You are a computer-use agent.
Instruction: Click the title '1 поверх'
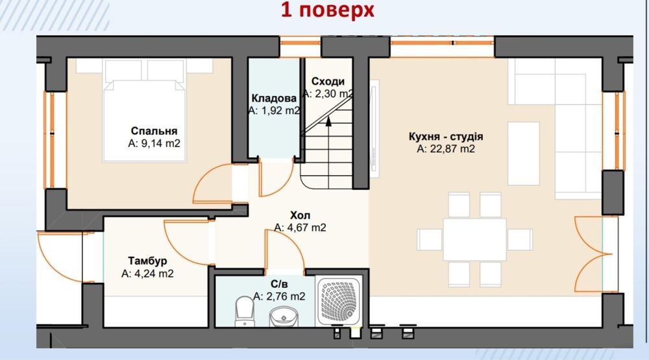point(327,10)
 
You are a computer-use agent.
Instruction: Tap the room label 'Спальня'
point(154,131)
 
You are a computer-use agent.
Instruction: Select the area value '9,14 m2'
point(160,143)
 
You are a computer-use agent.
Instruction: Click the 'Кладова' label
point(274,98)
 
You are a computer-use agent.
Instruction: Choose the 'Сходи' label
point(328,82)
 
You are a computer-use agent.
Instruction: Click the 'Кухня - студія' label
point(446,137)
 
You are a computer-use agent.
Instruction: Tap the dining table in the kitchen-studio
point(474,239)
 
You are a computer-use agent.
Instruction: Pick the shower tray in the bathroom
point(339,301)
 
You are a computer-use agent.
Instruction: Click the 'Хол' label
point(300,215)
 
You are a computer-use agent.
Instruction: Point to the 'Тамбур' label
point(147,261)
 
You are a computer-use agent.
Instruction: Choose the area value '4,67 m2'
point(306,228)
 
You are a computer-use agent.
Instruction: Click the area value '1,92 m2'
point(280,111)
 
